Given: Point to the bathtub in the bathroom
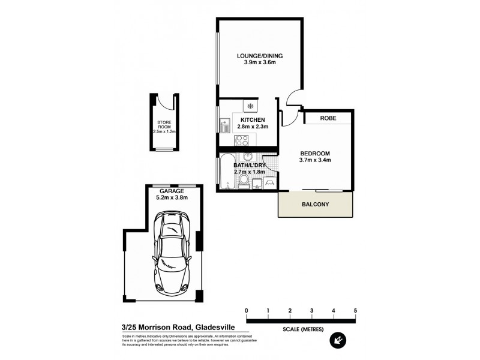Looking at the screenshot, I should point(226,173).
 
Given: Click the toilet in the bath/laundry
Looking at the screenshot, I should point(244,182).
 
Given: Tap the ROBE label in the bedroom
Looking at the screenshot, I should point(327,119).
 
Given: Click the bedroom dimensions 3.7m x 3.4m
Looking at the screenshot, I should point(315,160).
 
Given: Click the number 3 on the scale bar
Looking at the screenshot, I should point(312,310).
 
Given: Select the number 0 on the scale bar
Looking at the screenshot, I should point(247,310).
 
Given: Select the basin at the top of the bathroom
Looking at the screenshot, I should point(248,157).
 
